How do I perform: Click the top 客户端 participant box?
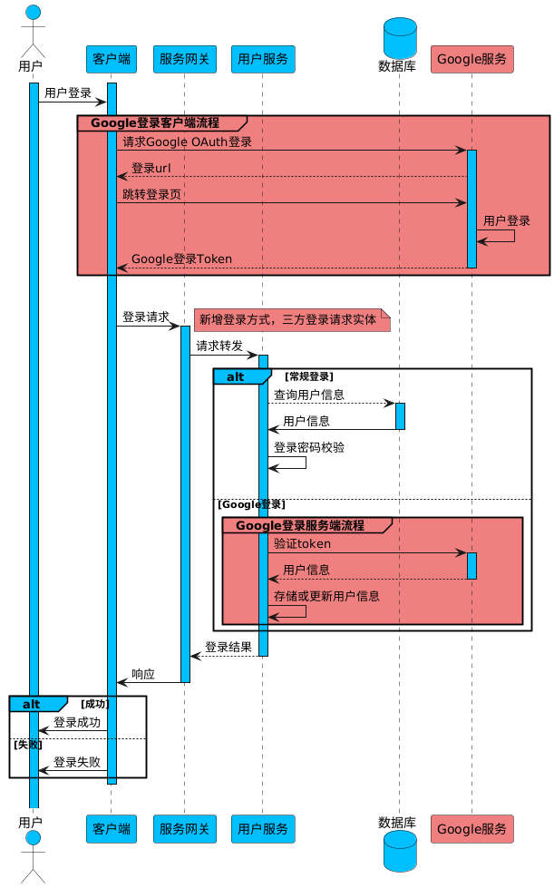pos(111,60)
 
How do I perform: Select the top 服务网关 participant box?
pos(184,60)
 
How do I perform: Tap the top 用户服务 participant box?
pos(262,60)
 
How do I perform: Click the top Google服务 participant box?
pos(471,60)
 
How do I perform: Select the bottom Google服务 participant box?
pos(471,828)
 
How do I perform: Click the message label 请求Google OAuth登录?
pos(187,141)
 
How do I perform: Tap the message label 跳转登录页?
pos(151,194)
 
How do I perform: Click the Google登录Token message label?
pos(181,259)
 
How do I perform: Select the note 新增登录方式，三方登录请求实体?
pos(287,319)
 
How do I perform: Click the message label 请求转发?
pos(219,346)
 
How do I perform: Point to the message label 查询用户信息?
pos(309,395)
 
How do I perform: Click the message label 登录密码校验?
pos(309,447)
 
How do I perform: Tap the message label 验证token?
pos(302,543)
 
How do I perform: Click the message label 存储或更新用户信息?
pos(326,596)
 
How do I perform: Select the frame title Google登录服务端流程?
pos(299,525)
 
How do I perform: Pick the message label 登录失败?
pos(76,762)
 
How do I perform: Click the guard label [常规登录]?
pos(309,376)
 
